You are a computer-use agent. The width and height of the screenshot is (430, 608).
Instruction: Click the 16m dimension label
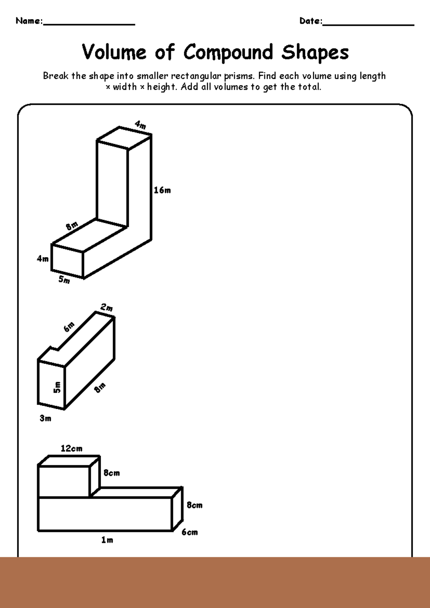tap(162, 190)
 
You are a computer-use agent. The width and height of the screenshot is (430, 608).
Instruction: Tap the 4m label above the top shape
tap(140, 125)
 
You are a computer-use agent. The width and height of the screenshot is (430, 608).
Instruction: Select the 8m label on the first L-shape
tap(72, 226)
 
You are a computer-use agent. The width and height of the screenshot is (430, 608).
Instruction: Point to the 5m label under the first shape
tap(64, 280)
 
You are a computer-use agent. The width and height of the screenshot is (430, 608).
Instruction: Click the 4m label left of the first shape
tap(43, 259)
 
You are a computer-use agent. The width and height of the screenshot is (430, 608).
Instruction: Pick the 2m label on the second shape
tap(106, 308)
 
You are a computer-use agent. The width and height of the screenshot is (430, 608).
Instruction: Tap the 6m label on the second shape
tap(69, 327)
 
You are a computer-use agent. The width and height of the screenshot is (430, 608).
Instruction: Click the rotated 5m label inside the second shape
tap(57, 387)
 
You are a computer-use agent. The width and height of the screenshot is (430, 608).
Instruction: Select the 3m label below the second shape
tap(46, 418)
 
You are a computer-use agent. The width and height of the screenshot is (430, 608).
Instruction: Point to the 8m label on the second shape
tap(100, 387)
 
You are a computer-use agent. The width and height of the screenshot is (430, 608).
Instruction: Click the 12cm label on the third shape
tap(71, 448)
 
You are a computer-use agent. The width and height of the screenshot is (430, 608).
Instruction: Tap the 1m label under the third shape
tap(107, 540)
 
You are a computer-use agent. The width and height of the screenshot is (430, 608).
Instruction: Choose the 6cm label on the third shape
tap(190, 532)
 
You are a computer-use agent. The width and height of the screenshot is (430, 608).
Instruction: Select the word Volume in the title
tap(114, 52)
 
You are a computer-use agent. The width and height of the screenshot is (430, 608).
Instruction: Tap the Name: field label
tap(29, 21)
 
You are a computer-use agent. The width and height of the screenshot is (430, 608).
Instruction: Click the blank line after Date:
tap(368, 22)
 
